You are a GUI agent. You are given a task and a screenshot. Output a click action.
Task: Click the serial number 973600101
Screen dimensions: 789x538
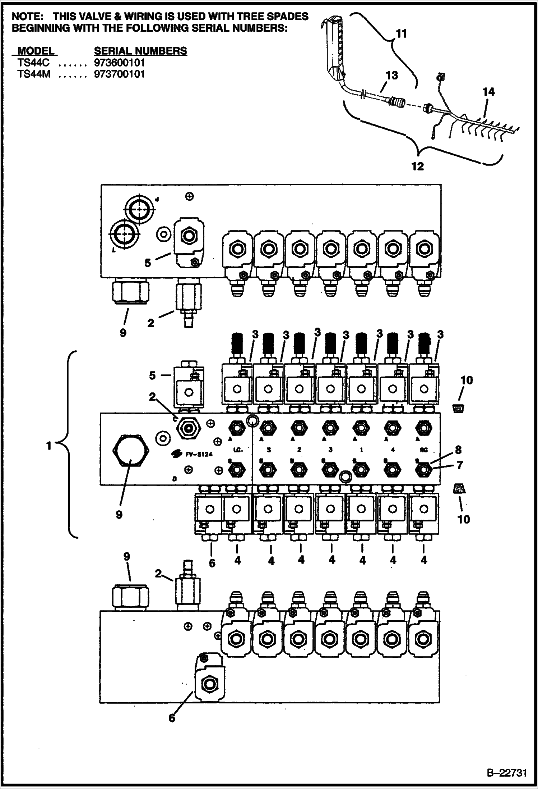point(119,63)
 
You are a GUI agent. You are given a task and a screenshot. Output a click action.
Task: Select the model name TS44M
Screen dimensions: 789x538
point(33,74)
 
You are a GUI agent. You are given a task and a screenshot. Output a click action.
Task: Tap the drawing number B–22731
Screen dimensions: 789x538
point(507,773)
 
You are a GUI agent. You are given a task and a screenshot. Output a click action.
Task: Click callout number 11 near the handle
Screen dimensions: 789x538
point(401,33)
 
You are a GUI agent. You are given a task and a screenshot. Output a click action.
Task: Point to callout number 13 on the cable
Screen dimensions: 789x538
point(391,75)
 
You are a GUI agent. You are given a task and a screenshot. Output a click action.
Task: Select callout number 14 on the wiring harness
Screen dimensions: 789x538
point(488,92)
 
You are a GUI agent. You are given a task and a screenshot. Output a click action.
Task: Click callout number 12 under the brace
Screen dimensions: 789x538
point(418,166)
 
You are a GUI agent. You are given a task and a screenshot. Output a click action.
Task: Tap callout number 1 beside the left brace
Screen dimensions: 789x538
point(49,446)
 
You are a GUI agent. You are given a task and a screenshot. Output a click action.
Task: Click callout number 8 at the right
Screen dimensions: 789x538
point(458,450)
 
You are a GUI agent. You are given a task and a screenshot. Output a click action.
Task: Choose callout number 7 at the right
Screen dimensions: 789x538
point(460,465)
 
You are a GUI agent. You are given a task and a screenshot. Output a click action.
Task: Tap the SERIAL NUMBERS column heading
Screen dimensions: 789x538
point(140,51)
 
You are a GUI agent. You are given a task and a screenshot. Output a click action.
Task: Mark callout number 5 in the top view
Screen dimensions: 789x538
point(148,263)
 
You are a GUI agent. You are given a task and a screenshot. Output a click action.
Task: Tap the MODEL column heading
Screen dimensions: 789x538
point(36,51)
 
